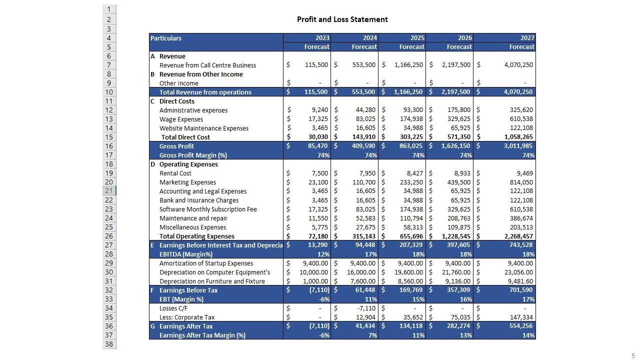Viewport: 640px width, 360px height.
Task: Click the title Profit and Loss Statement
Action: (342, 19)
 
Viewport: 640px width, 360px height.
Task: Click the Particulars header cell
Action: (166, 38)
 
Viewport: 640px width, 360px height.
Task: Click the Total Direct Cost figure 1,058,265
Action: (518, 137)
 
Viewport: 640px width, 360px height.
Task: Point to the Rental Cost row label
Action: (175, 173)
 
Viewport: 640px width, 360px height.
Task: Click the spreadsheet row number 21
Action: (108, 190)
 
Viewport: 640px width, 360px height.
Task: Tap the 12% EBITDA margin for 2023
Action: (323, 254)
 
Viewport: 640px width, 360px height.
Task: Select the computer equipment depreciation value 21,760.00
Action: (456, 272)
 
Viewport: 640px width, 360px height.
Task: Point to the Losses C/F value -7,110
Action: (366, 308)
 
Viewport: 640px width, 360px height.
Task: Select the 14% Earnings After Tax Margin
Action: (528, 335)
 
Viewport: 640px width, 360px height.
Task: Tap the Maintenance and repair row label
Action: (193, 218)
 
